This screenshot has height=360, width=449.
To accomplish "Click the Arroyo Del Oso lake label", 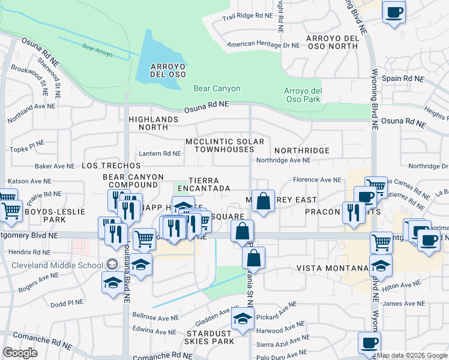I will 160,70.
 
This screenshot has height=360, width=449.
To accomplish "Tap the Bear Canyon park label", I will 217,89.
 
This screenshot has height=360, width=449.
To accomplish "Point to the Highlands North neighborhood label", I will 153,123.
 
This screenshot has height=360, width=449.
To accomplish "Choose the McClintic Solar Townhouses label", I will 224,145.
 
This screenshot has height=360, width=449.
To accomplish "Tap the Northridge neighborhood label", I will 301,151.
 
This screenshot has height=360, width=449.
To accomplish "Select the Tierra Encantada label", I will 209,184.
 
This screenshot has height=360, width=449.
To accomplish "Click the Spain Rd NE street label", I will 403,79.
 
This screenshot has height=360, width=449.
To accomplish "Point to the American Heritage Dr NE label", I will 263,45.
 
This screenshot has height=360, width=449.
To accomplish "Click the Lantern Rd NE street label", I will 160,154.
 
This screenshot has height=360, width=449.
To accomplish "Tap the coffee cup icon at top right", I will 394,13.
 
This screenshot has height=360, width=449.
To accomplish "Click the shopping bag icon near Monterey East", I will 263,201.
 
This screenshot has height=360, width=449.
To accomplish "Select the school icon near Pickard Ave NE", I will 243,322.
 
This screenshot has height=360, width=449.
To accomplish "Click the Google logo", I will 20,353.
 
